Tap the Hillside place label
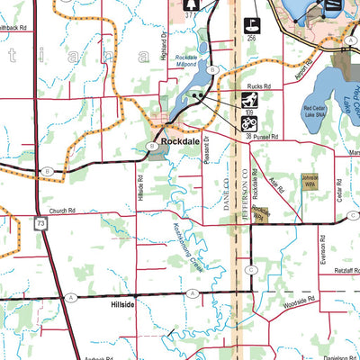122,306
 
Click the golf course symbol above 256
252,24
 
